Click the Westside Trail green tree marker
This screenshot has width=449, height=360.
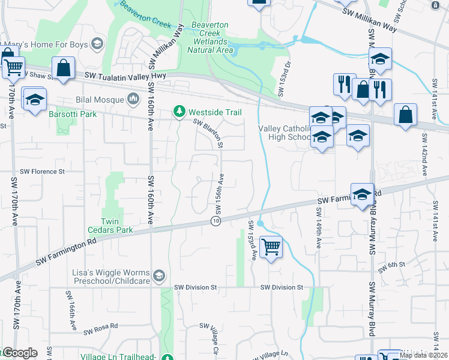point(179,112)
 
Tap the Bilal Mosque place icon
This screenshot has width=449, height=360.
point(133,98)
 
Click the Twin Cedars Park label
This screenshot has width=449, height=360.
point(116,225)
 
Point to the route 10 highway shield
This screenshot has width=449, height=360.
point(215,221)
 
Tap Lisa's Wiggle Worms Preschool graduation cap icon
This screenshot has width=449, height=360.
point(158,275)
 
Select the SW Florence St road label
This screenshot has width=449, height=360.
point(42,171)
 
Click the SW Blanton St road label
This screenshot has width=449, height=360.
point(208,133)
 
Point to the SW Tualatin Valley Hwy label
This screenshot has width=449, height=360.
point(125,76)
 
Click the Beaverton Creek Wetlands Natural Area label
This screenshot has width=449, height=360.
point(209,37)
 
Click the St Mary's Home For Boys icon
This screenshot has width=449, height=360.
point(96,44)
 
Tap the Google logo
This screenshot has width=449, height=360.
point(20,353)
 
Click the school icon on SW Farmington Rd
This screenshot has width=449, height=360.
point(363,194)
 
